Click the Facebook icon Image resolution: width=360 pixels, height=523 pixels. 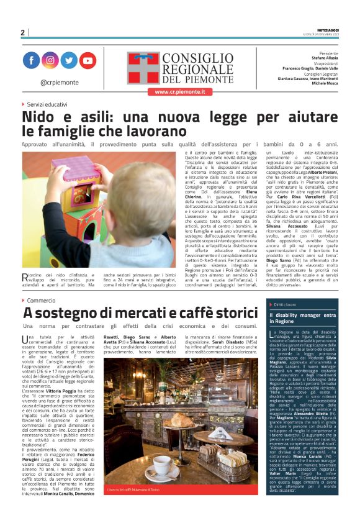[32, 60]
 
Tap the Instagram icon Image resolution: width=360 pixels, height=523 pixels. [50, 60]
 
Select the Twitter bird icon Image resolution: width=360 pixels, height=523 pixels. [69, 60]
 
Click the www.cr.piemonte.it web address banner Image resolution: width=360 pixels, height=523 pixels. [179, 91]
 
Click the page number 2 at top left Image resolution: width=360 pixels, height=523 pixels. [22, 32]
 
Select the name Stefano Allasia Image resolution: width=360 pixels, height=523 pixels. [324, 58]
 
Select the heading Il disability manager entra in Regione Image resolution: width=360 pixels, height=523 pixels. [301, 319]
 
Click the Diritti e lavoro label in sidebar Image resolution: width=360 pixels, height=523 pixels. [286, 304]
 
